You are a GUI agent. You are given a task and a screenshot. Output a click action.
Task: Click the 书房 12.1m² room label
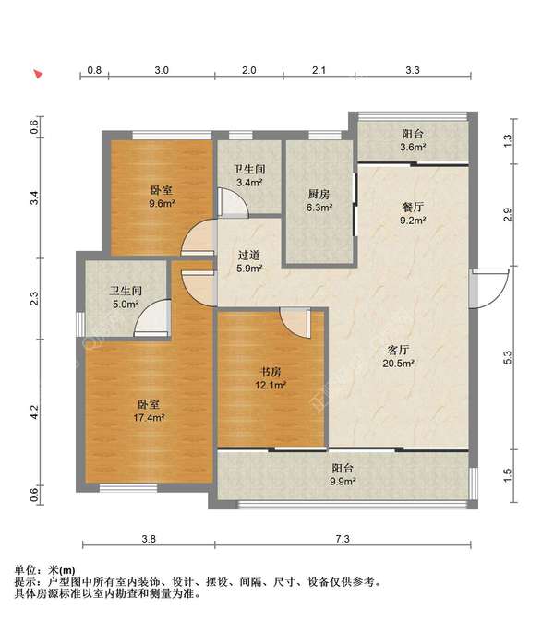coord(271,377)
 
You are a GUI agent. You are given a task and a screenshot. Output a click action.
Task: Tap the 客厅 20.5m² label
coord(398,356)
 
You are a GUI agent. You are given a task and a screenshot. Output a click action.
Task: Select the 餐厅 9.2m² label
coord(413,213)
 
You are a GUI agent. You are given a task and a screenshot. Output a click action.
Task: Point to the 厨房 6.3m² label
coord(319,200)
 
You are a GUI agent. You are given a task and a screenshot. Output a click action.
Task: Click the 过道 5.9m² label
coord(249,262)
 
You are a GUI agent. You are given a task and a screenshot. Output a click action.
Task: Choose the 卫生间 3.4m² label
coord(249,176)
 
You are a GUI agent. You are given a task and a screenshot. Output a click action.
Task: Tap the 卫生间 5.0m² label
coord(126,297)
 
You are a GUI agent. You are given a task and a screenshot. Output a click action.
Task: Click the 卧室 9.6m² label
coord(162,197)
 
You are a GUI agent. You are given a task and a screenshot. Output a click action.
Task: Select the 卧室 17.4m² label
coord(149,411)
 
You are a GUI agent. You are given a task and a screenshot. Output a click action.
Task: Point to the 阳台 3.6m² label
coord(413,140)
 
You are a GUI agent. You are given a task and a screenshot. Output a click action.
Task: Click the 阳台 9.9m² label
coord(343,474)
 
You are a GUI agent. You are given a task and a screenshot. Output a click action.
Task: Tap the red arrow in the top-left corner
coord(38,74)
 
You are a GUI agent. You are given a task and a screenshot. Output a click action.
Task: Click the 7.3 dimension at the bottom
coord(343,539)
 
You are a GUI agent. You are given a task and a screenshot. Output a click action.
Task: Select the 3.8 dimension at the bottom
coord(149,539)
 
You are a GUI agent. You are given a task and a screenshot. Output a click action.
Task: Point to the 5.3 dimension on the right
coord(508,358)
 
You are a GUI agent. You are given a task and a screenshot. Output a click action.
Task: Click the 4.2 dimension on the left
coord(34,412)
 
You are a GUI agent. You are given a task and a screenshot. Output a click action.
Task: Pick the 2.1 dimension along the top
coord(319,70)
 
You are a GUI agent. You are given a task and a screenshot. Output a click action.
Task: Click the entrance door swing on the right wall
coord(490,288)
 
